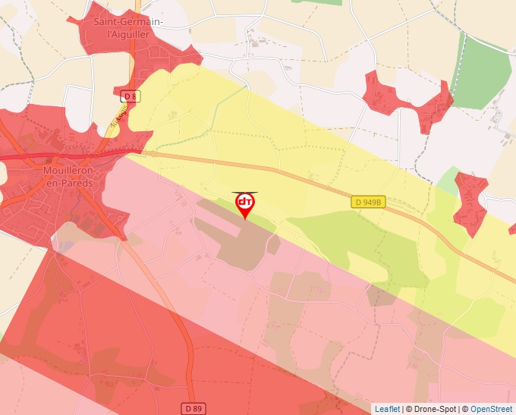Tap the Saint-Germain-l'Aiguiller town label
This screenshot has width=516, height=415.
[x=127, y=28]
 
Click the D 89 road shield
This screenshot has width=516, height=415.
[x=193, y=409]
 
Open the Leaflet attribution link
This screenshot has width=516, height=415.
[x=387, y=409]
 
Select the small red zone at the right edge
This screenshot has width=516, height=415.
[x=470, y=201]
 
